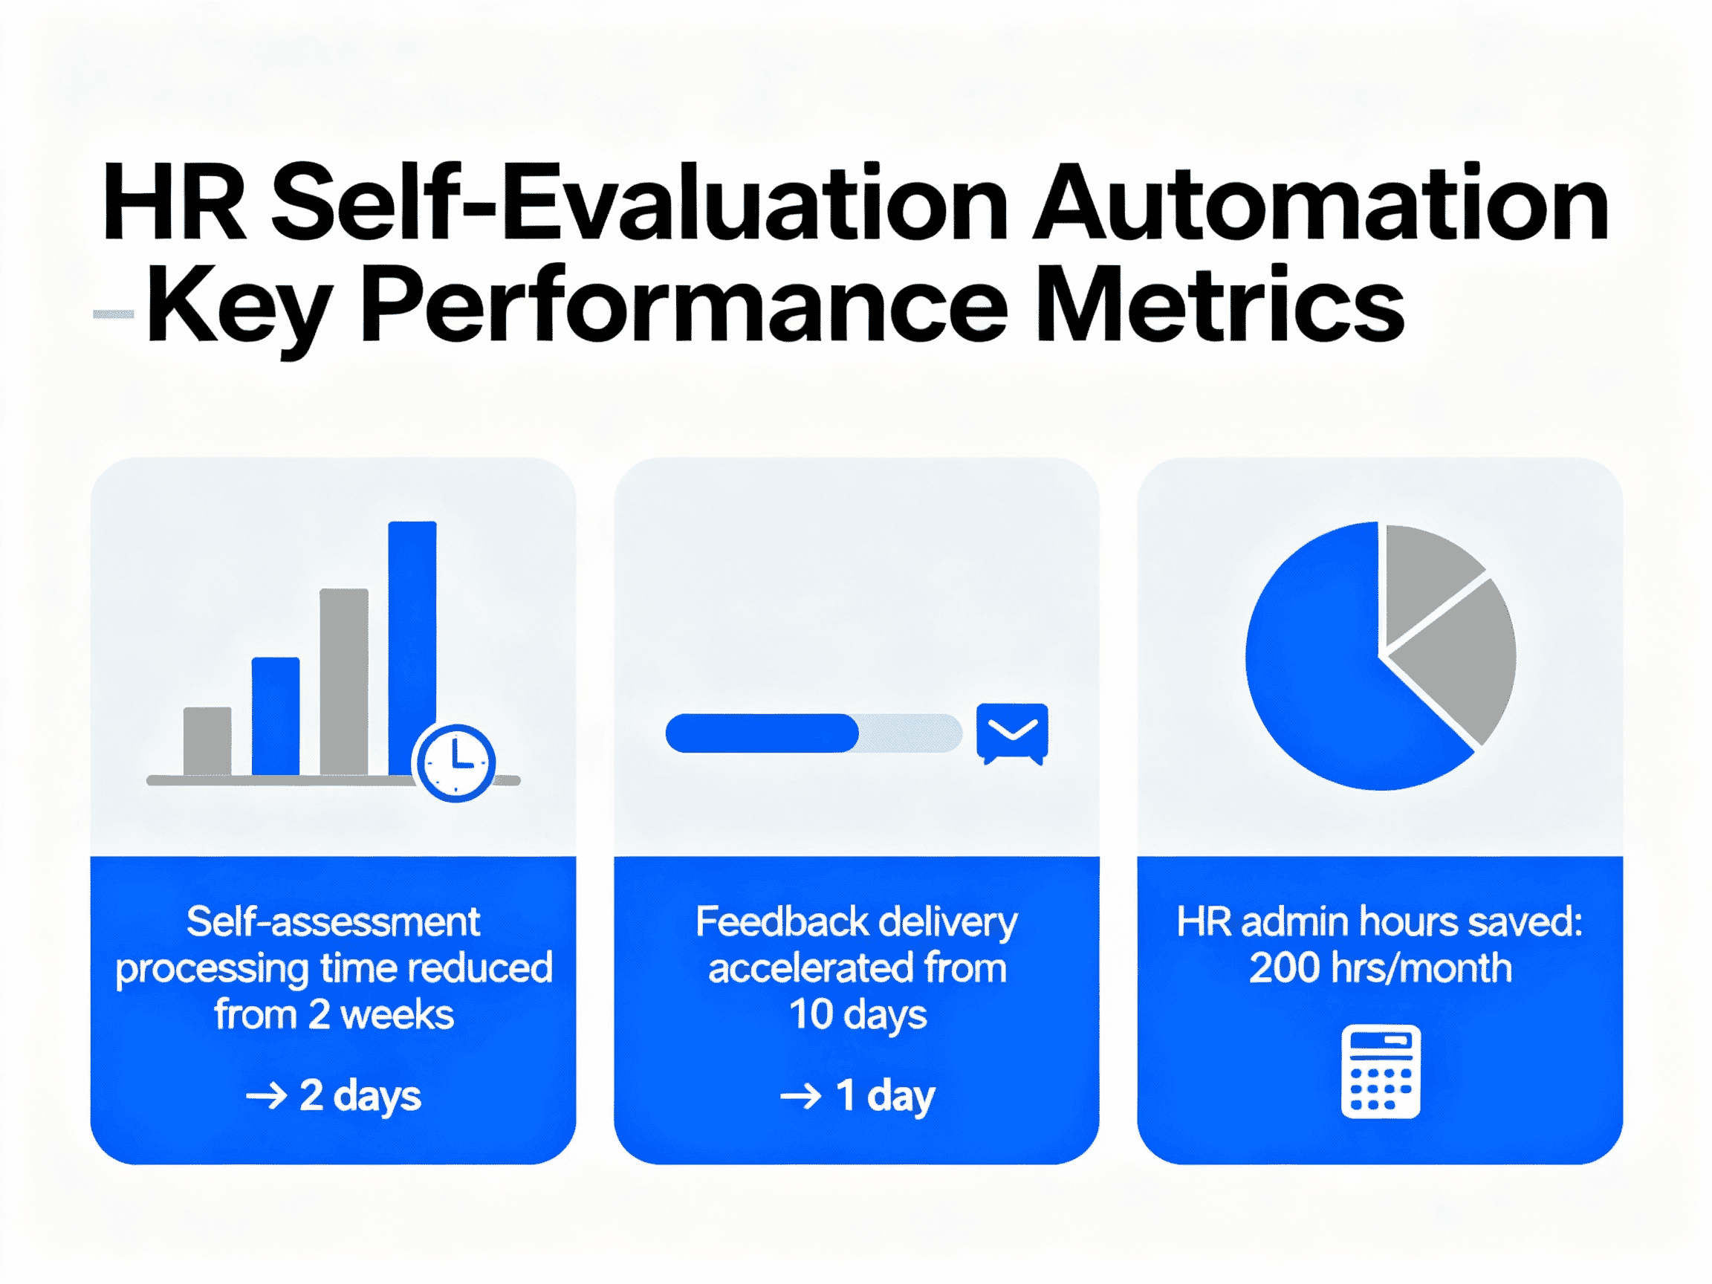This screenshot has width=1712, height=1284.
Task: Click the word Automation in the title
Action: [1320, 203]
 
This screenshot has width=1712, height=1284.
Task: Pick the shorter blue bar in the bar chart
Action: [276, 715]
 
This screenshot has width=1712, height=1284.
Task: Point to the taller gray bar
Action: [343, 681]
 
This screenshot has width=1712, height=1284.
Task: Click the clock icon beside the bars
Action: [455, 762]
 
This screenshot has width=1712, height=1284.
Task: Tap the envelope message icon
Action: [1011, 731]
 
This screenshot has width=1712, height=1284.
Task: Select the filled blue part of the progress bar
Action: [762, 732]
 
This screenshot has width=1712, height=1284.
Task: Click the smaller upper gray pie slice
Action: [1426, 577]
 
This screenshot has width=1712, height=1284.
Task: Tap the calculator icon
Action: [1380, 1071]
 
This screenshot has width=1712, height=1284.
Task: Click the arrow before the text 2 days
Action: [265, 1096]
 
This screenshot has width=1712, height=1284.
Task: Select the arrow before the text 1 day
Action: [800, 1096]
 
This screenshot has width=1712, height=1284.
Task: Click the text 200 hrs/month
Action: [1380, 968]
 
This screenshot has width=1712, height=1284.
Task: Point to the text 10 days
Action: [857, 1015]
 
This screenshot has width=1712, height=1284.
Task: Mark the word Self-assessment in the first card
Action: [333, 922]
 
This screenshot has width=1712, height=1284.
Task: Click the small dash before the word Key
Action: [113, 314]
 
